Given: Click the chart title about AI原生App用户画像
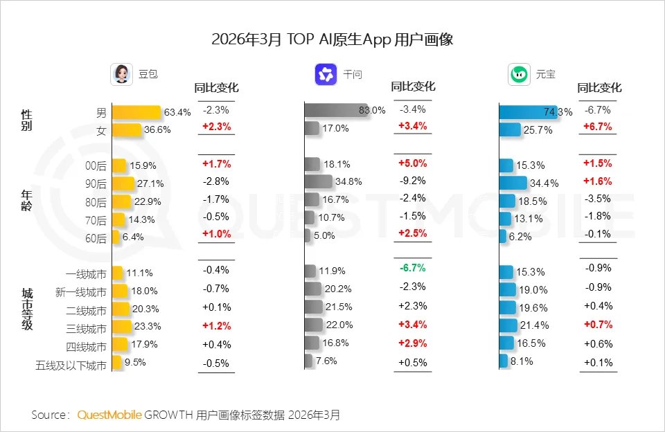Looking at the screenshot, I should click(x=332, y=39).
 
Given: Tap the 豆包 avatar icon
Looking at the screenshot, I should click(x=122, y=75).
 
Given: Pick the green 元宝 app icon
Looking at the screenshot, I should click(x=519, y=75).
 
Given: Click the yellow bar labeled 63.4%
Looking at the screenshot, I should click(x=136, y=112).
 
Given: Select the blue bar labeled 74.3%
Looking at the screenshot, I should click(x=527, y=112).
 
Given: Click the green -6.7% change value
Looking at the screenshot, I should click(x=412, y=268).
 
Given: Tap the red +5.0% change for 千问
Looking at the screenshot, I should click(x=412, y=164).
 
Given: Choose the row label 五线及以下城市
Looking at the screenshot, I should click(x=72, y=365).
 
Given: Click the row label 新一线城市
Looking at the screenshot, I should click(x=81, y=293).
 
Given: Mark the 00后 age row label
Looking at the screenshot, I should click(x=96, y=165).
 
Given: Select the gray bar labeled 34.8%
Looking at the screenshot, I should click(x=319, y=182).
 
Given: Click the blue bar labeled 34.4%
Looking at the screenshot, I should click(x=513, y=183).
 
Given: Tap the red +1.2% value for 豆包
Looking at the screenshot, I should click(x=216, y=326).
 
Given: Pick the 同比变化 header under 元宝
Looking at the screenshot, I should click(x=599, y=88).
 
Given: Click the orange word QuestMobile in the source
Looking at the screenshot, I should click(x=109, y=415).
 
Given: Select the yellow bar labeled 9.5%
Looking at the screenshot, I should click(x=116, y=362).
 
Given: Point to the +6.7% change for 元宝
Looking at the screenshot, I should click(x=597, y=127).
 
